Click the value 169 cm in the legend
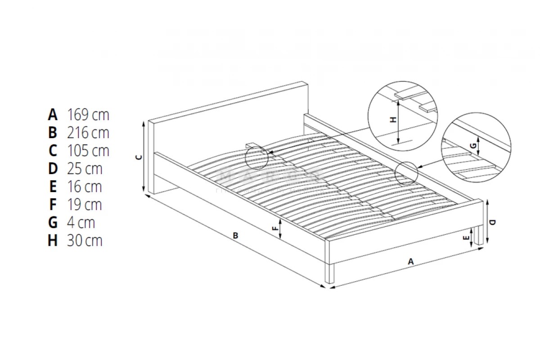[88, 115]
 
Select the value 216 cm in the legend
[88, 133]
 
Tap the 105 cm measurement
[88, 151]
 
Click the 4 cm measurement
[81, 223]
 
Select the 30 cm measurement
[85, 241]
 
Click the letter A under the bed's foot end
[410, 261]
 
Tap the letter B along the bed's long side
[235, 235]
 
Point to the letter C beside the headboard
[139, 157]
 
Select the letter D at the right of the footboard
[493, 222]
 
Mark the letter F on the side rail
[275, 229]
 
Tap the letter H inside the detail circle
[393, 120]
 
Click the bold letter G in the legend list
[53, 223]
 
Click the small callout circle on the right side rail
[406, 172]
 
